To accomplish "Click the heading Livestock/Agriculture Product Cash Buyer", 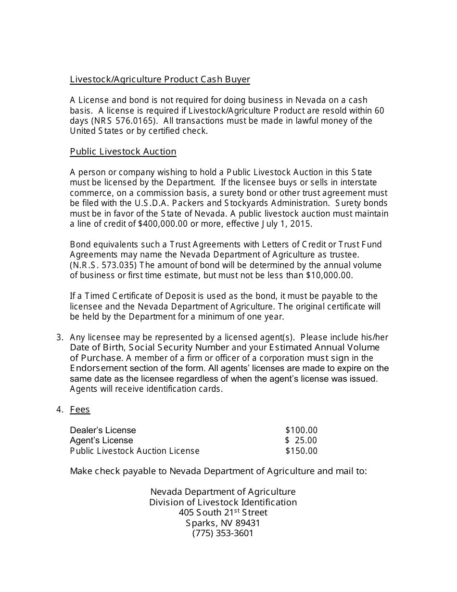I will tap(160, 79).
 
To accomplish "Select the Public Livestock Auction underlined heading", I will tap(123, 152).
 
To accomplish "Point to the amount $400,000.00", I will tap(164, 224).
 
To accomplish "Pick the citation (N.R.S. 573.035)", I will tap(103, 265).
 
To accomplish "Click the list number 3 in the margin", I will tap(59, 337).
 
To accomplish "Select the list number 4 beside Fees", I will tap(59, 410).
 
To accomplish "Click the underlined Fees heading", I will tap(80, 410).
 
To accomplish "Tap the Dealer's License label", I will tap(103, 430).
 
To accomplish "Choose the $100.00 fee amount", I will tap(301, 430).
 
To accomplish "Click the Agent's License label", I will tap(102, 440).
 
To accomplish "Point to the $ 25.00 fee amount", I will tap(301, 440).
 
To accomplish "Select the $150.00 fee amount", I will tap(301, 451).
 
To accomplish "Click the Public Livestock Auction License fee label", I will tap(135, 451).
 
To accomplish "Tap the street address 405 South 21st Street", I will tap(223, 513).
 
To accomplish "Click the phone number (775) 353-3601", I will tap(223, 533).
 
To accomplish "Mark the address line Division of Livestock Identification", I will tap(223, 502).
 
